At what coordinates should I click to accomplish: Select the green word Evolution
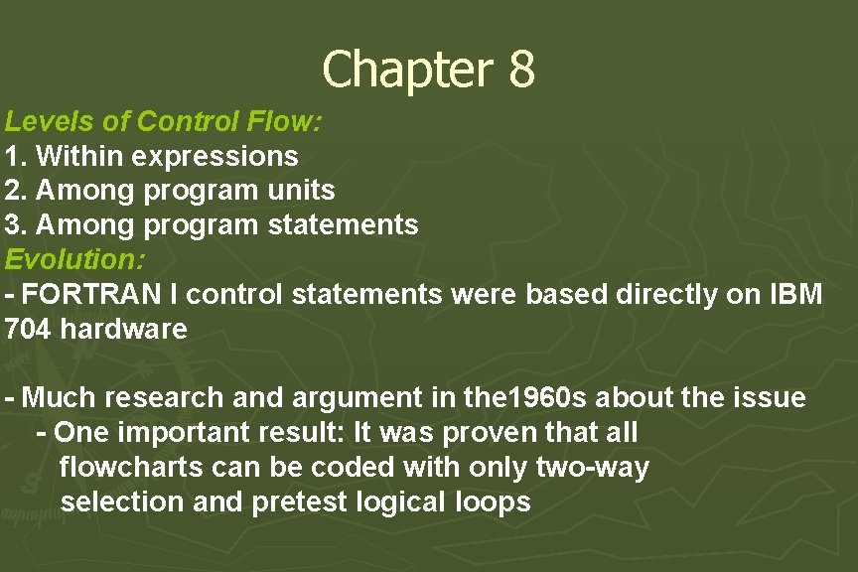tap(75, 259)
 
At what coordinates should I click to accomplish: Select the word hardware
tap(124, 329)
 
